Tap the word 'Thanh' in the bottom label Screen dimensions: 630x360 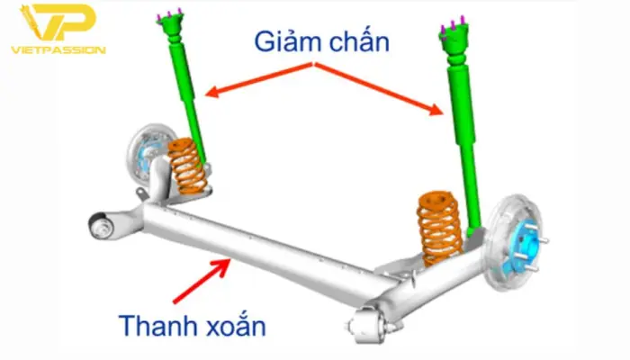158,326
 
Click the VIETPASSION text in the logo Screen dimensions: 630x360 58,50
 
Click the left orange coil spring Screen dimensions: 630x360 187,165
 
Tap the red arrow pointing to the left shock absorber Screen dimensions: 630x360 259,79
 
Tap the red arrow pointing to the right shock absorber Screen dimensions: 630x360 379,88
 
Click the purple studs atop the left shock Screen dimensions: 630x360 169,15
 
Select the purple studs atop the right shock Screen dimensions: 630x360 453,27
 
